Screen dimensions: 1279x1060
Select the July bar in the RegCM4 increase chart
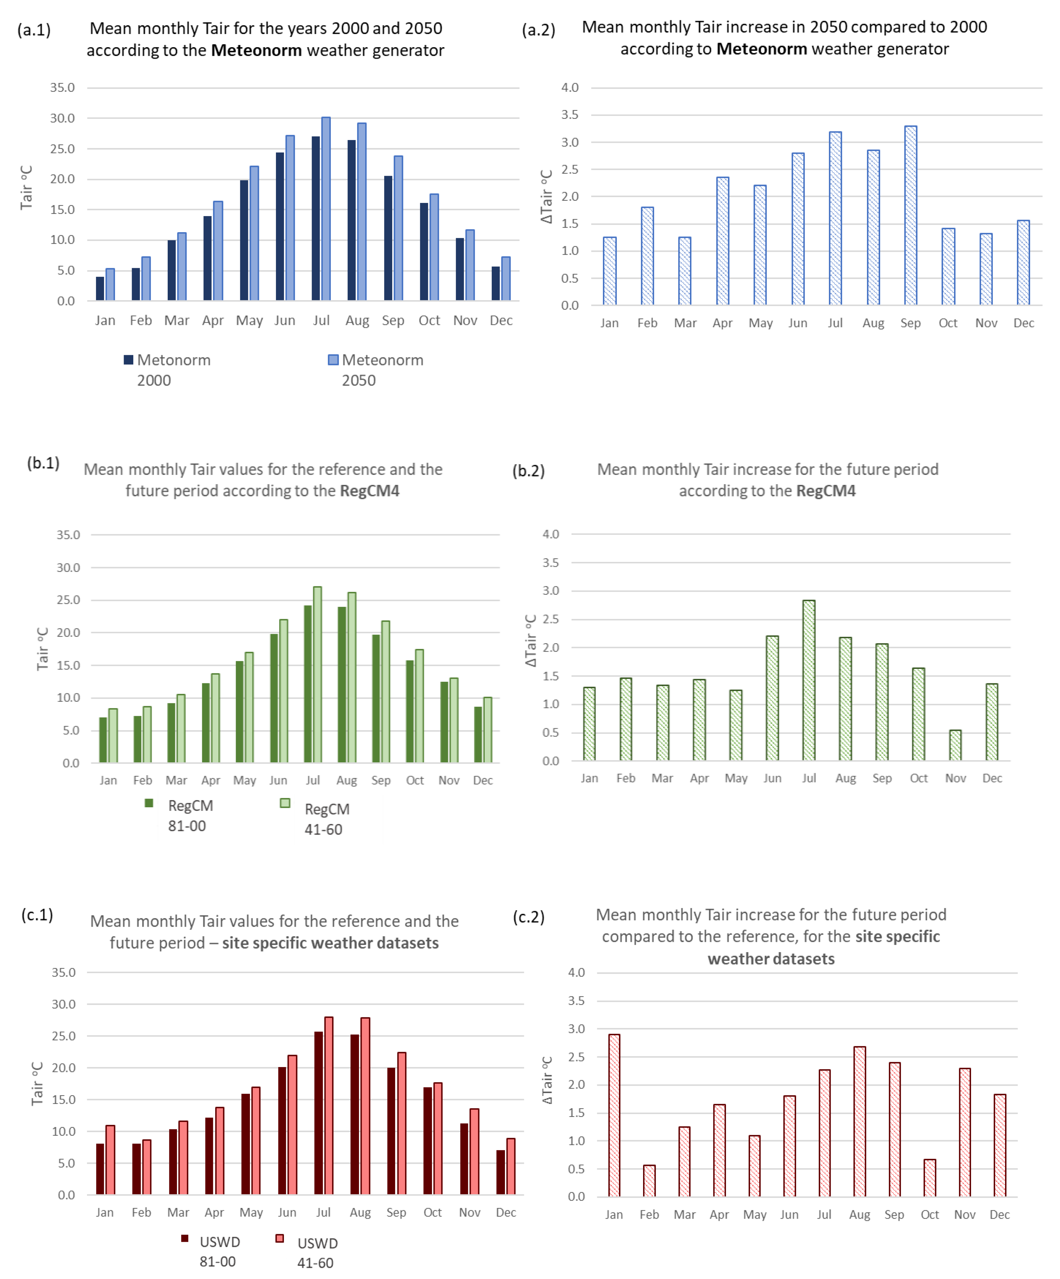(x=808, y=680)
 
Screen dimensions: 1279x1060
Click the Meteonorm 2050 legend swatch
(x=333, y=360)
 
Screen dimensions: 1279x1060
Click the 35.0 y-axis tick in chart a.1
(x=62, y=88)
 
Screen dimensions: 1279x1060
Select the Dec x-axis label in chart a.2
(x=1023, y=323)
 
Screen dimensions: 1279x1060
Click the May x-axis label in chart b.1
(x=244, y=780)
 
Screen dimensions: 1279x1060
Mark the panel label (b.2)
(x=528, y=471)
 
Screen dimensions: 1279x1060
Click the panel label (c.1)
(x=37, y=915)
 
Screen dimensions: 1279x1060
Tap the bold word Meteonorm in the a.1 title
(x=256, y=50)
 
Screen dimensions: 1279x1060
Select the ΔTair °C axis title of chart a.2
(x=546, y=196)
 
